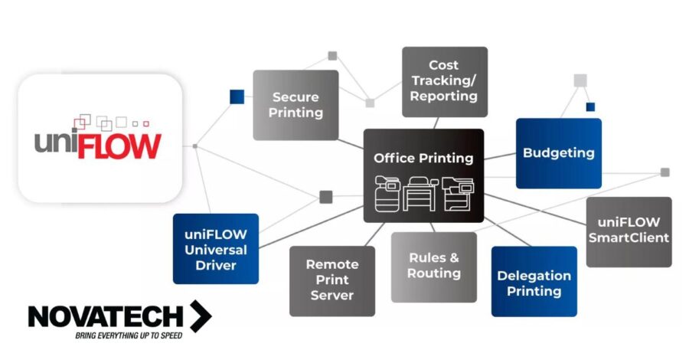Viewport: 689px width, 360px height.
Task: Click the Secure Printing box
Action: click(x=296, y=105)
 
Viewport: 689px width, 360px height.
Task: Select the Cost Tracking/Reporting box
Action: click(x=444, y=81)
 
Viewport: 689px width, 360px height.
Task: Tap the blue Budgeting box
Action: click(x=558, y=152)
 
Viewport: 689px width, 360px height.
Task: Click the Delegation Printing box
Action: click(x=534, y=281)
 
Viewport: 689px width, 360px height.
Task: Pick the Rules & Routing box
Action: click(x=433, y=266)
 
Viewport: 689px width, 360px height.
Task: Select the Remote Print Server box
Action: click(x=331, y=280)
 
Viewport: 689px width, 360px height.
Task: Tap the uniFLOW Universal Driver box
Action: click(x=215, y=248)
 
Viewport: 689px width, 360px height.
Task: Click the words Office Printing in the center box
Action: click(x=423, y=159)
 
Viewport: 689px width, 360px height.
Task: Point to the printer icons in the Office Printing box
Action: click(x=423, y=194)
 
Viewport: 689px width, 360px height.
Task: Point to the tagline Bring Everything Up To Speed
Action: click(x=128, y=335)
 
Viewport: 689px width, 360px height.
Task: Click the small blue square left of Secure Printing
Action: click(x=237, y=97)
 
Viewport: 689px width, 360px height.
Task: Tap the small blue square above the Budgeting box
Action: click(x=590, y=106)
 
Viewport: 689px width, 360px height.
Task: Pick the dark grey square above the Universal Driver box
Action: click(x=325, y=197)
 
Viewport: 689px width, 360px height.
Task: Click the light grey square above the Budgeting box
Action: click(x=580, y=80)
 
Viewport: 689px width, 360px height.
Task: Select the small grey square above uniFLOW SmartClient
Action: click(x=665, y=172)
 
